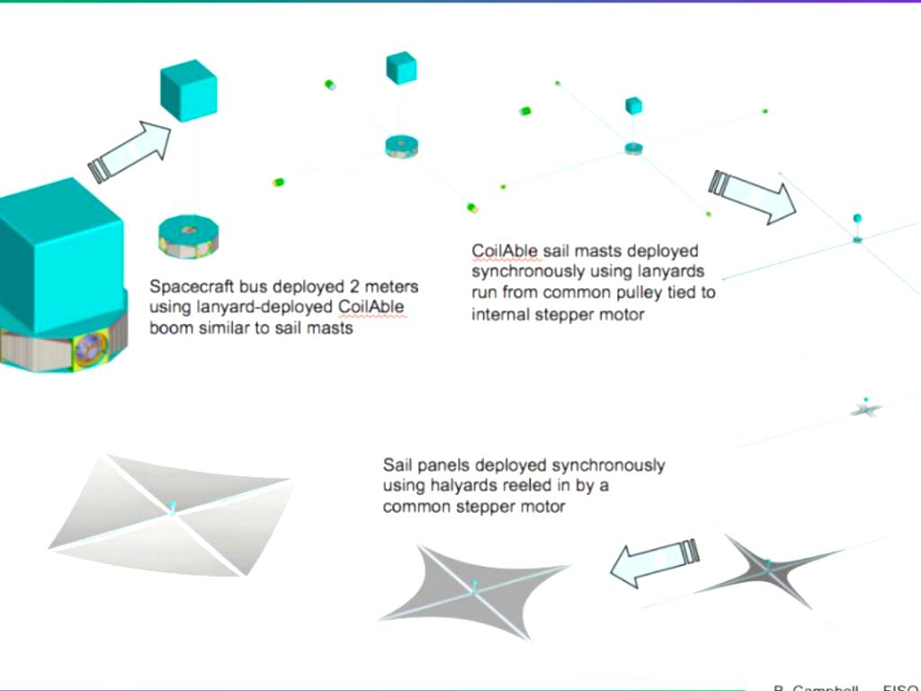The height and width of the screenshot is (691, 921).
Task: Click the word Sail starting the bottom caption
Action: pyautogui.click(x=398, y=466)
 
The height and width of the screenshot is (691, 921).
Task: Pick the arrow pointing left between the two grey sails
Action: pyautogui.click(x=654, y=561)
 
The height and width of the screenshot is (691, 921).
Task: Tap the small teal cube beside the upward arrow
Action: pyautogui.click(x=188, y=92)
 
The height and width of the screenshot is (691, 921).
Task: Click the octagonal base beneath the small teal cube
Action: pyautogui.click(x=189, y=236)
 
